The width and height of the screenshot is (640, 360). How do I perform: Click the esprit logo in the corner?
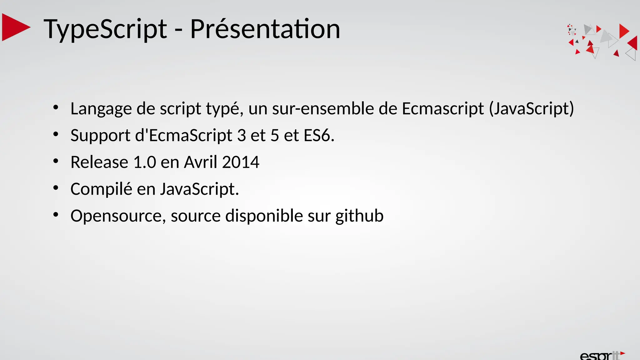click(602, 356)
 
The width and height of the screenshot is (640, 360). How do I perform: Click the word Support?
click(100, 136)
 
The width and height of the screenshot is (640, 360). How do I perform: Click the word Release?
click(99, 162)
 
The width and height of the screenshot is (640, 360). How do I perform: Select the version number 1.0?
click(144, 162)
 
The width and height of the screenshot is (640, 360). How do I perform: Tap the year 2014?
click(241, 162)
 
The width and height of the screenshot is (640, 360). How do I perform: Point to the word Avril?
click(200, 162)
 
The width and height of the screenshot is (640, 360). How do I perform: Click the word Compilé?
click(101, 189)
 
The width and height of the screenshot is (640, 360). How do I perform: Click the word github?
click(359, 216)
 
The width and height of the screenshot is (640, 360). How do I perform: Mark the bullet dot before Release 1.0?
click(56, 161)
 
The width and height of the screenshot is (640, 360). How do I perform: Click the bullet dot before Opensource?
click(56, 215)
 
